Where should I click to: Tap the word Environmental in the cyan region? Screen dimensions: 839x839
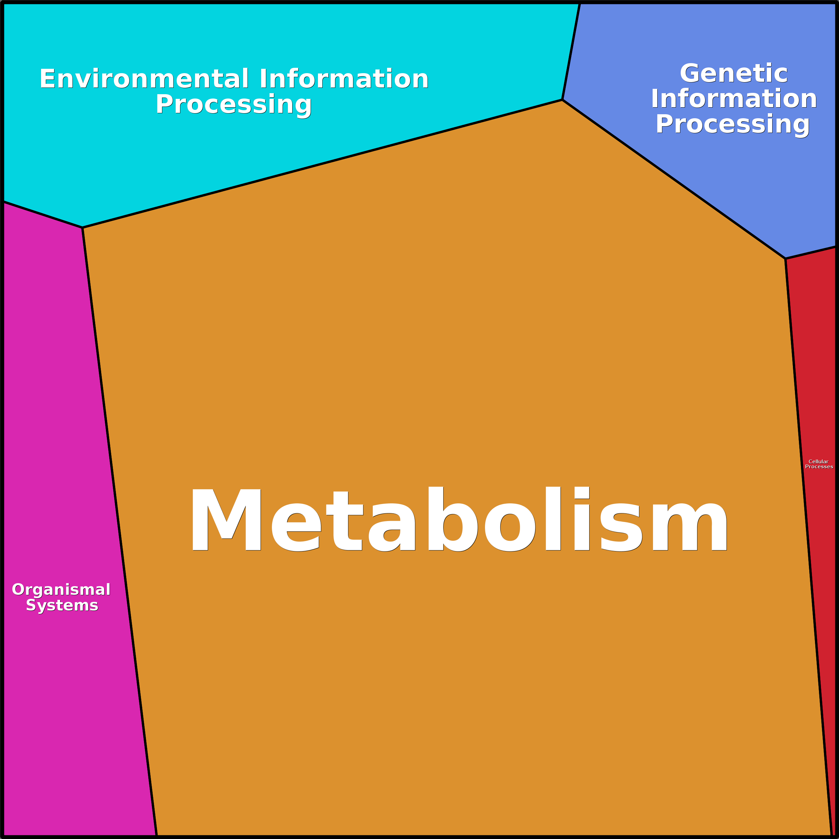coord(145,79)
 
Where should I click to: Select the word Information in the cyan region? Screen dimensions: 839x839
coord(344,79)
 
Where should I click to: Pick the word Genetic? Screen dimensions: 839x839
coord(733,73)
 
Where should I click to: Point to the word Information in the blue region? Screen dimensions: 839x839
coord(734,99)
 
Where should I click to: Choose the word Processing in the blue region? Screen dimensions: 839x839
coord(733,125)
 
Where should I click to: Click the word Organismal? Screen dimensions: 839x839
coord(61,590)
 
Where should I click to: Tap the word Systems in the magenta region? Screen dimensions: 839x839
coord(62,606)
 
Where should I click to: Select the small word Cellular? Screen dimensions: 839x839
coord(818,462)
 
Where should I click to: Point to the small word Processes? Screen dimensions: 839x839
coord(819,467)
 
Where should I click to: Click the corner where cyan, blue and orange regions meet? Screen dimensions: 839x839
coord(562,100)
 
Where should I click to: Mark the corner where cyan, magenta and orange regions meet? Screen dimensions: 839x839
coord(82,227)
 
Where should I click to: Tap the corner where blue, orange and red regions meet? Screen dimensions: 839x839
coord(786,259)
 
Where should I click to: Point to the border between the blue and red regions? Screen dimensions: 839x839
coord(811,253)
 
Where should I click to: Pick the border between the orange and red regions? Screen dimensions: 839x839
coord(809,547)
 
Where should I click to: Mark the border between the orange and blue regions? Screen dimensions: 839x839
coord(674,179)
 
